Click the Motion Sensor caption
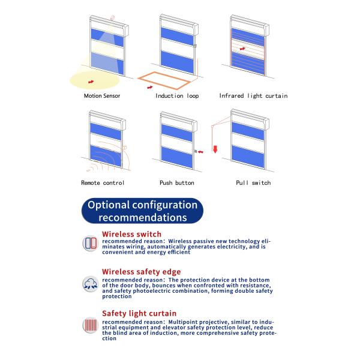coord(102,96)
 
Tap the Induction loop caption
coord(177,96)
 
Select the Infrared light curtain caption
coord(253,96)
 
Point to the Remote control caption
coord(103,183)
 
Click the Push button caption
coord(177,183)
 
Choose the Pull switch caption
coord(253,183)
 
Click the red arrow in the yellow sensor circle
coord(91,82)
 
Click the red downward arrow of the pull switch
coord(215,149)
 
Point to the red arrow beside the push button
coord(200,152)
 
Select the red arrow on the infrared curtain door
coord(242,49)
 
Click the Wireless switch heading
coord(132,234)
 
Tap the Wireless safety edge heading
coord(142,272)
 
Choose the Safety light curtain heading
coord(139,313)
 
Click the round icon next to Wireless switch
coord(91,243)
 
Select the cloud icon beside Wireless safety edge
coord(91,284)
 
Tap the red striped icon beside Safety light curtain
coord(91,325)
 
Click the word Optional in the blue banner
coord(109,205)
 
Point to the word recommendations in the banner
coord(143,217)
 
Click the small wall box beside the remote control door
coord(125,148)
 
